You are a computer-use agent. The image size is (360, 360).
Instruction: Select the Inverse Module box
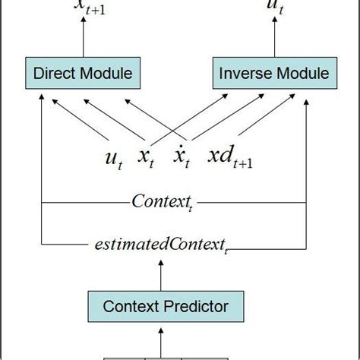coord(273,73)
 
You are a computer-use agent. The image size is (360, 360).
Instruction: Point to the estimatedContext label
coord(161,245)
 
